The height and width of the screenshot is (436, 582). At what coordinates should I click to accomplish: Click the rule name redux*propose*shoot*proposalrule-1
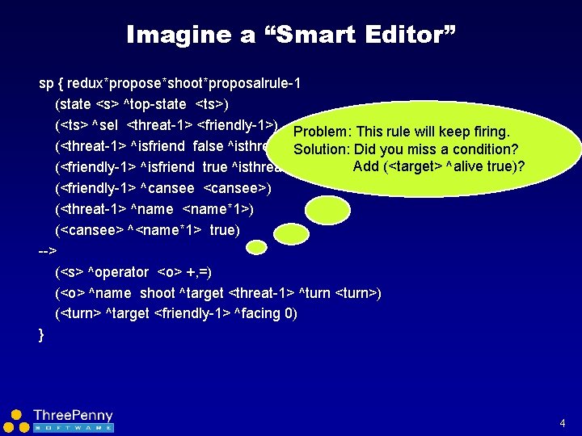184,83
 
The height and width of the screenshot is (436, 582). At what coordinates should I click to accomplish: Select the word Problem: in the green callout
323,132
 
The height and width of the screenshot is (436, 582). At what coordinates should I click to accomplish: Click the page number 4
562,423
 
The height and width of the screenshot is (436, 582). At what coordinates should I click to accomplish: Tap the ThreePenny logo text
73,416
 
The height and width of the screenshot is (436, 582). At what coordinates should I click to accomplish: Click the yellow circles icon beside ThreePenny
15,421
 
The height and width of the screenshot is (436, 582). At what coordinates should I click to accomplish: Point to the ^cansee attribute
169,188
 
